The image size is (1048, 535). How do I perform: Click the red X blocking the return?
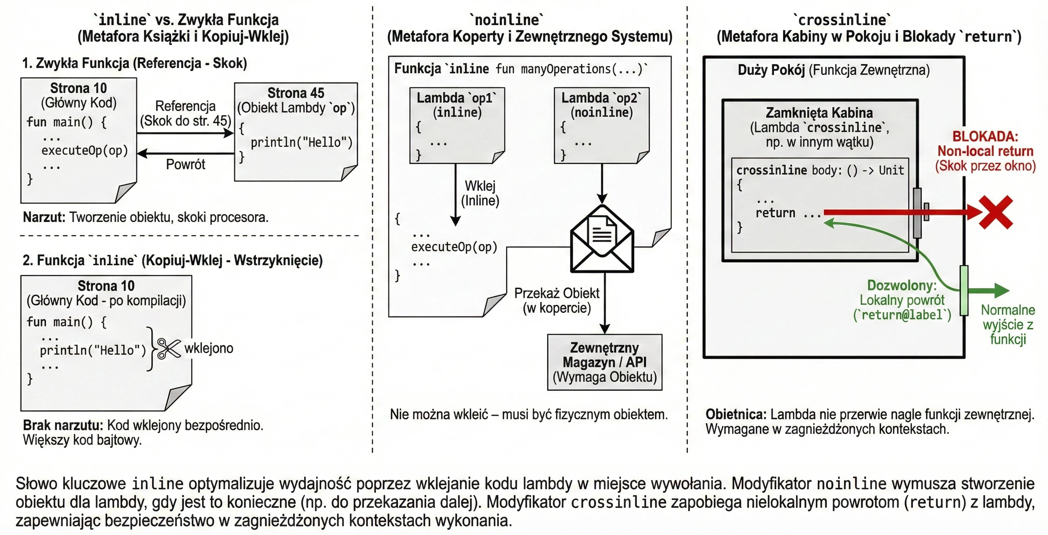(x=996, y=212)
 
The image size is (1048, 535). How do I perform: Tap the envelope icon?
(x=602, y=238)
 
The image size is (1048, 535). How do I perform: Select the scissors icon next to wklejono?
(x=169, y=348)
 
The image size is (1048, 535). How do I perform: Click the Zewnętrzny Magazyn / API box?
(x=604, y=363)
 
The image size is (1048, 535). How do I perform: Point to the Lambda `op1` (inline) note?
(x=457, y=126)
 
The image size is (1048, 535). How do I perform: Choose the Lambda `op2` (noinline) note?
(x=602, y=126)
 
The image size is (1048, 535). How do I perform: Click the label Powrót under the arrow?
(x=185, y=165)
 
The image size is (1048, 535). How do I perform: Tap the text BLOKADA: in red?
(x=985, y=136)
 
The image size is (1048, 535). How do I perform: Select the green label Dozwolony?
(x=902, y=285)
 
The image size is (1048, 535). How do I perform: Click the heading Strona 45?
(x=296, y=93)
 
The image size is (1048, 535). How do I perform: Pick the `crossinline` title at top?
(x=842, y=19)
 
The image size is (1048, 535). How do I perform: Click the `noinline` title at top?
(x=507, y=19)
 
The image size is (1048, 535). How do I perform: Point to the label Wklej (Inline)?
(x=480, y=193)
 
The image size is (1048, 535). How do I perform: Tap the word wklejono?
(x=209, y=348)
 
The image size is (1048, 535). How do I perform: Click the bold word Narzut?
(x=44, y=217)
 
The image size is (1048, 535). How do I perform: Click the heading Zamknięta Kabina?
(x=819, y=113)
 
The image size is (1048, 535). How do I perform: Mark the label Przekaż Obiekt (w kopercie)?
(x=556, y=301)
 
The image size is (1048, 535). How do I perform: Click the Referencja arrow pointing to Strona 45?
(x=185, y=133)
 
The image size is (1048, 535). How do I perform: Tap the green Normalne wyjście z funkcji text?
(x=1008, y=325)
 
